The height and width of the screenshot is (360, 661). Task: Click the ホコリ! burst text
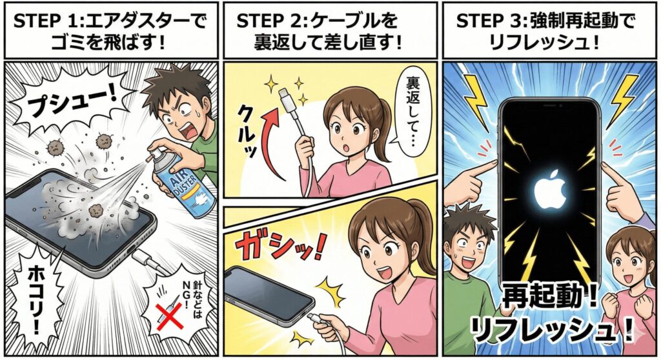coord(35,299)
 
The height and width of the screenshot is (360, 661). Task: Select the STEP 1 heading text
coord(110,31)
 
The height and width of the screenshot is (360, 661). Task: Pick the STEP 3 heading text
coord(545,31)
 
